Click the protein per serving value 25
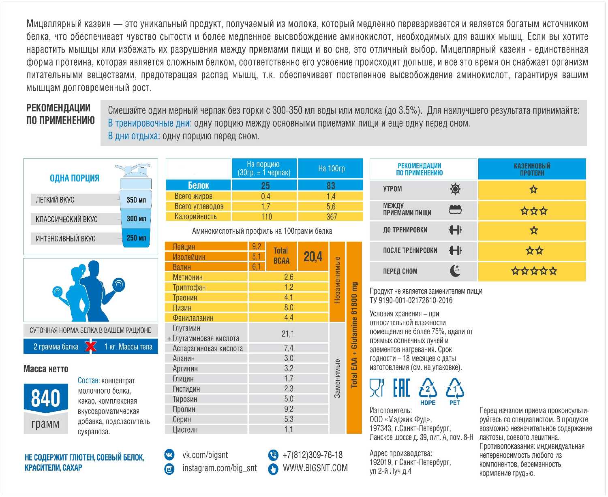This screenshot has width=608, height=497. [265, 186]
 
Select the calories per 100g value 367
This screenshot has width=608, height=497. [331, 217]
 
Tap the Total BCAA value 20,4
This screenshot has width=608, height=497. [313, 256]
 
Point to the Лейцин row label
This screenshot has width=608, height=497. [184, 247]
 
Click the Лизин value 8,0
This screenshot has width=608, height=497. [288, 307]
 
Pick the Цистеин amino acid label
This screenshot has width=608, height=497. [185, 429]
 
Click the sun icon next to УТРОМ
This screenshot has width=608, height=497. [456, 189]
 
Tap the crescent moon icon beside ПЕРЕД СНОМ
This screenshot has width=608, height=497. [456, 271]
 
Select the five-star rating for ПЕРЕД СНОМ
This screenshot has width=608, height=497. [533, 271]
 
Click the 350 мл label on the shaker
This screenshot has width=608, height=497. [136, 200]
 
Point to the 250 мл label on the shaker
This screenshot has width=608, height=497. [136, 238]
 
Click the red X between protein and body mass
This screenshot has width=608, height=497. [91, 347]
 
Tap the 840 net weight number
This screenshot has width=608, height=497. [45, 398]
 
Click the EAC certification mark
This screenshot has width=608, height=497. [401, 388]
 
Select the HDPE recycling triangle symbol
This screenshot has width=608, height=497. [428, 390]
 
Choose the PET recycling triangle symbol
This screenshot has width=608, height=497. [455, 390]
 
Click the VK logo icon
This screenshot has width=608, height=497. [169, 454]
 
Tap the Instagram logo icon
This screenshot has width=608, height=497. [169, 469]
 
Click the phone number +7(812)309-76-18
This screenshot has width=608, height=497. [313, 455]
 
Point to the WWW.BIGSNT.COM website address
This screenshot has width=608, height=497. [315, 468]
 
